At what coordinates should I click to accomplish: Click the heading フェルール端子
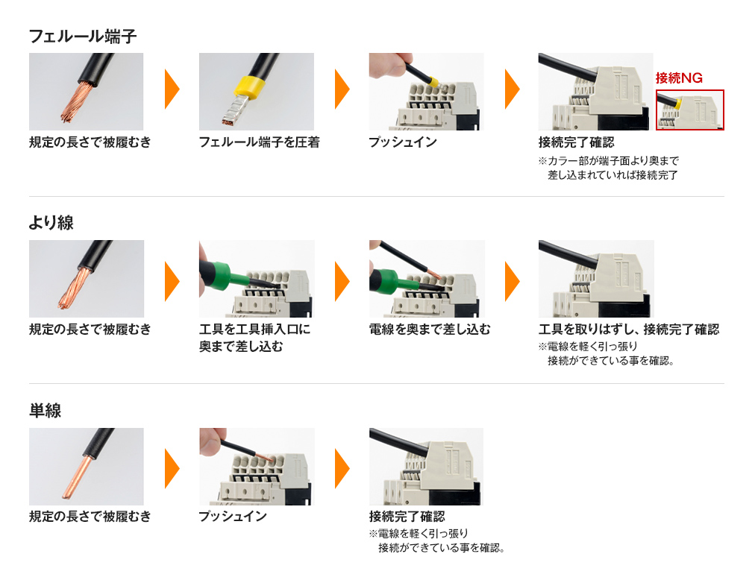click(82, 36)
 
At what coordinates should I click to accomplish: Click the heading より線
click(51, 223)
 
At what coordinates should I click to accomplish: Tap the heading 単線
click(46, 410)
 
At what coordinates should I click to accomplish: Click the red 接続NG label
click(679, 78)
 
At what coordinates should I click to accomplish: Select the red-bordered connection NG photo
click(690, 110)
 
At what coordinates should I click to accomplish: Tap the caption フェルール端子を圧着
click(259, 142)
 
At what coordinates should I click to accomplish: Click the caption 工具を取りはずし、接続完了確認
click(629, 330)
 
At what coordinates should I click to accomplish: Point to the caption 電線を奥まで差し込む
click(430, 330)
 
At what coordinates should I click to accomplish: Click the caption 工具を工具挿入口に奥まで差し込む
click(254, 338)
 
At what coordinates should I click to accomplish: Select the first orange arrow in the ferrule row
click(172, 89)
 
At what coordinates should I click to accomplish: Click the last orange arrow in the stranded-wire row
click(513, 281)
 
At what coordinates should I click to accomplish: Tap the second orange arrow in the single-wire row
click(342, 468)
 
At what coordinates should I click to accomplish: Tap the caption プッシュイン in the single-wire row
click(233, 517)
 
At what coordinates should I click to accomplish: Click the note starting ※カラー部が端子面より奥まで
click(609, 168)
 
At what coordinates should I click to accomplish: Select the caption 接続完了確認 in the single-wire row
click(407, 517)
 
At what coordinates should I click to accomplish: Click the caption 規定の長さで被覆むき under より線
click(90, 330)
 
